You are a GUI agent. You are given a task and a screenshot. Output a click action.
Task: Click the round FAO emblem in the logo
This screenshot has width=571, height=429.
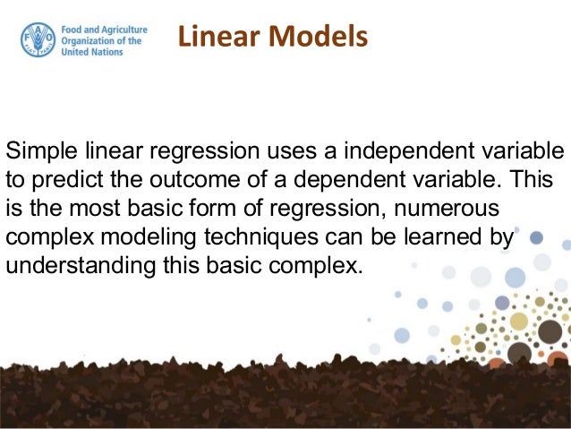(x=38, y=39)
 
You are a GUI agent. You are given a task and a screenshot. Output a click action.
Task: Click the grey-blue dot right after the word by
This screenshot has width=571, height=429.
(x=536, y=238)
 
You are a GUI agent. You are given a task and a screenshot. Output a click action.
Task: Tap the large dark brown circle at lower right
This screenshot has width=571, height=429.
(x=550, y=332)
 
